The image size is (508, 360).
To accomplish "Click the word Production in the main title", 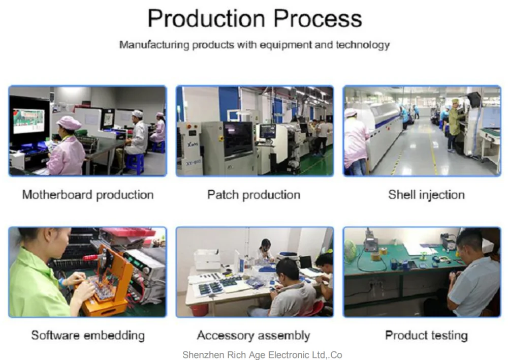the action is click(206, 18).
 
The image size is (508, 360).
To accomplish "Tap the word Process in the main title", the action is click(318, 18).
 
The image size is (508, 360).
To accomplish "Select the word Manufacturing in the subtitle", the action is click(154, 45).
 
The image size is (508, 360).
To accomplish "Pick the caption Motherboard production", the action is click(88, 195).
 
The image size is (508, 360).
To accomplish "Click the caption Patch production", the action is click(253, 195).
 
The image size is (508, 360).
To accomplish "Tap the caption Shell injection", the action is click(426, 195).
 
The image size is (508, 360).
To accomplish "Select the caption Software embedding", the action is click(88, 336).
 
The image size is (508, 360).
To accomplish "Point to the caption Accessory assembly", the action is click(253, 336).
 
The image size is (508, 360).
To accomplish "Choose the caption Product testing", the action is click(426, 336).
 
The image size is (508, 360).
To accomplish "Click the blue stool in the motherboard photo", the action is click(136, 164).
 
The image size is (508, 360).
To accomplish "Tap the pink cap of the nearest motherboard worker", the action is click(69, 123).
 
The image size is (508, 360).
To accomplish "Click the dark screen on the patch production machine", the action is click(238, 138).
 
